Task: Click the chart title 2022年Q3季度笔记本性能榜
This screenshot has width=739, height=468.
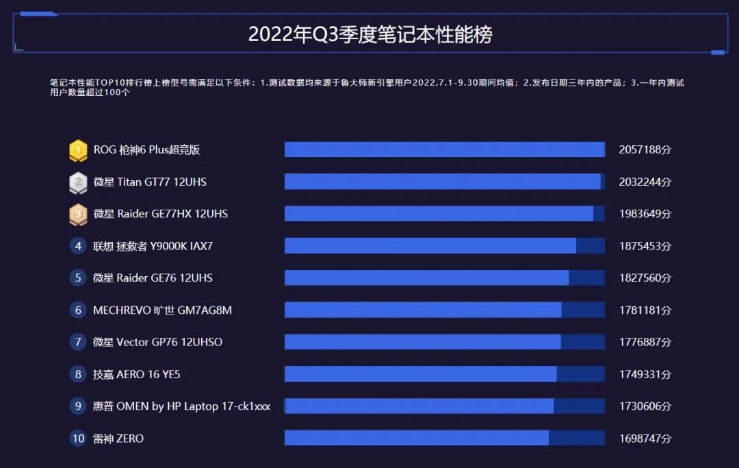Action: coord(369,34)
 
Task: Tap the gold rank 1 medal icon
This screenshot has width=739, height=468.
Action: coord(78,150)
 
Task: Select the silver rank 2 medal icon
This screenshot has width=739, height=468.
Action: coord(78,182)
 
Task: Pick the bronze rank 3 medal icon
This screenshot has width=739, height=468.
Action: coord(78,214)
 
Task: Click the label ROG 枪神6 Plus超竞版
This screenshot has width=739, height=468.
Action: coord(146,150)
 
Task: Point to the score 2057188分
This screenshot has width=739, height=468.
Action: coord(645,150)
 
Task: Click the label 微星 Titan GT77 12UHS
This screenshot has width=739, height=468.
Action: coord(149,182)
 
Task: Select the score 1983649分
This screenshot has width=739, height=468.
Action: coord(645,214)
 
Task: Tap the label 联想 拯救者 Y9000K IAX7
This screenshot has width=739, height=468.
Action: coord(157,246)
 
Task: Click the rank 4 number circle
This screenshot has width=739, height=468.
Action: coord(78,246)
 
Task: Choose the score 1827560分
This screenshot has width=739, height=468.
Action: coord(645,278)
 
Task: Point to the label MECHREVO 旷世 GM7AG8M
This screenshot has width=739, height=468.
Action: coord(162,310)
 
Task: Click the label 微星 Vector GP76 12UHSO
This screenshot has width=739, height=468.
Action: coord(157,342)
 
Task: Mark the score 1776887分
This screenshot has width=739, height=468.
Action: coord(645,342)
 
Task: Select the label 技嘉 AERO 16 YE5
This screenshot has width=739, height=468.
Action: coord(136,374)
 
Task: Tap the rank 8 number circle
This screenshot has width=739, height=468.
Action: coord(78,374)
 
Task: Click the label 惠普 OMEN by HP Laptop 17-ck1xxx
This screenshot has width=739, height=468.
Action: coord(181,406)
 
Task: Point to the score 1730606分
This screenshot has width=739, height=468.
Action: coord(645,406)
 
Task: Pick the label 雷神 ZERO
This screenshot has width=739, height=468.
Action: coord(118,439)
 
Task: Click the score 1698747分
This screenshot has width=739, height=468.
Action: coord(645,439)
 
